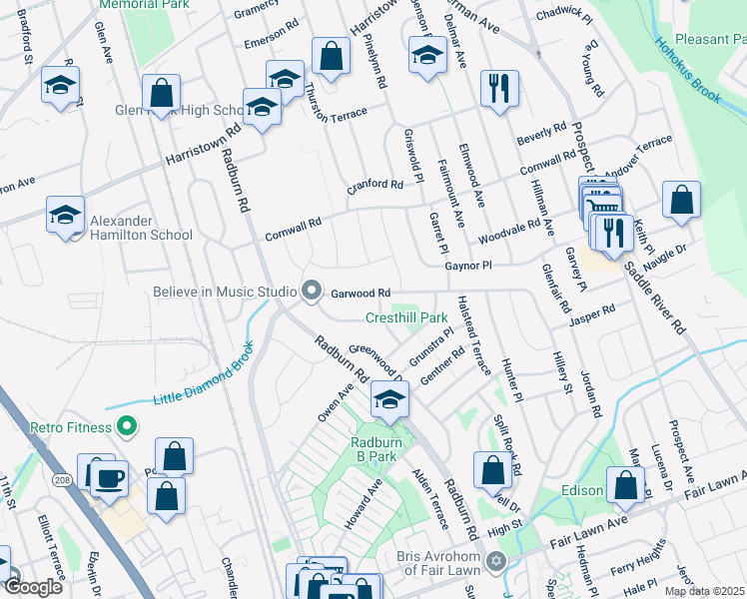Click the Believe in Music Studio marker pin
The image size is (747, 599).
coord(312,292)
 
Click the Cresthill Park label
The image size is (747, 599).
coord(405,317)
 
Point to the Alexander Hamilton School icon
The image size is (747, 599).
coord(64,216)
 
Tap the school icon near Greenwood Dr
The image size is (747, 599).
coord(389,402)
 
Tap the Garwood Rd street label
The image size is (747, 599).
coord(360,293)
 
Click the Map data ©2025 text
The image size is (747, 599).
coord(704,591)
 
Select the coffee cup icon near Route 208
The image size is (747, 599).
coord(109,477)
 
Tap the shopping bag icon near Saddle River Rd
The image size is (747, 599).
coord(681,200)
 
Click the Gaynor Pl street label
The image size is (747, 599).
coord(468,266)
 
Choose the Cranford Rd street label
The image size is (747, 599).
coord(374,185)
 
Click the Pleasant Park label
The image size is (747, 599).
coord(710,40)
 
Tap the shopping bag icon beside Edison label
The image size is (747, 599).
coord(625,485)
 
